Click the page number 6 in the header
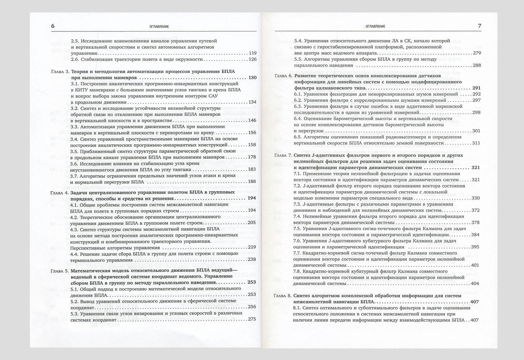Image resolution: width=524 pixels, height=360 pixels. pyautogui.click(x=53, y=26)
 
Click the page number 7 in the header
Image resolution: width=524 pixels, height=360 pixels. pyautogui.click(x=480, y=26)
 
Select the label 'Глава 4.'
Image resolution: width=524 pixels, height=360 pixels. pyautogui.click(x=60, y=192)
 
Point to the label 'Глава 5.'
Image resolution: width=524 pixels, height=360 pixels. pyautogui.click(x=60, y=271)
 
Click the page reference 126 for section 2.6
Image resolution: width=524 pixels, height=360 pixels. pyautogui.click(x=252, y=59)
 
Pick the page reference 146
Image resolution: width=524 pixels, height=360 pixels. pyautogui.click(x=252, y=120)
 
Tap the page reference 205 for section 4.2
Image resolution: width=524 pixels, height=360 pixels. pyautogui.click(x=252, y=223)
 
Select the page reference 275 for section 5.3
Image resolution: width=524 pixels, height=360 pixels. pyautogui.click(x=252, y=319)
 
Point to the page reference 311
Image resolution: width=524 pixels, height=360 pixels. pyautogui.click(x=476, y=143)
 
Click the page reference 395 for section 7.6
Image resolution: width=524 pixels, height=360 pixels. pyautogui.click(x=475, y=247)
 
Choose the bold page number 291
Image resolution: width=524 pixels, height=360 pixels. pyautogui.click(x=476, y=88)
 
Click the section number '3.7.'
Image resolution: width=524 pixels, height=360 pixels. pyautogui.click(x=75, y=175)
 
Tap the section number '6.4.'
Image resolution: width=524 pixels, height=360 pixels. pyautogui.click(x=298, y=118)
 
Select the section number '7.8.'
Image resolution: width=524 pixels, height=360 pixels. pyautogui.click(x=298, y=271)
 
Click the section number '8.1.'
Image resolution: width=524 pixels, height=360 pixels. pyautogui.click(x=298, y=308)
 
